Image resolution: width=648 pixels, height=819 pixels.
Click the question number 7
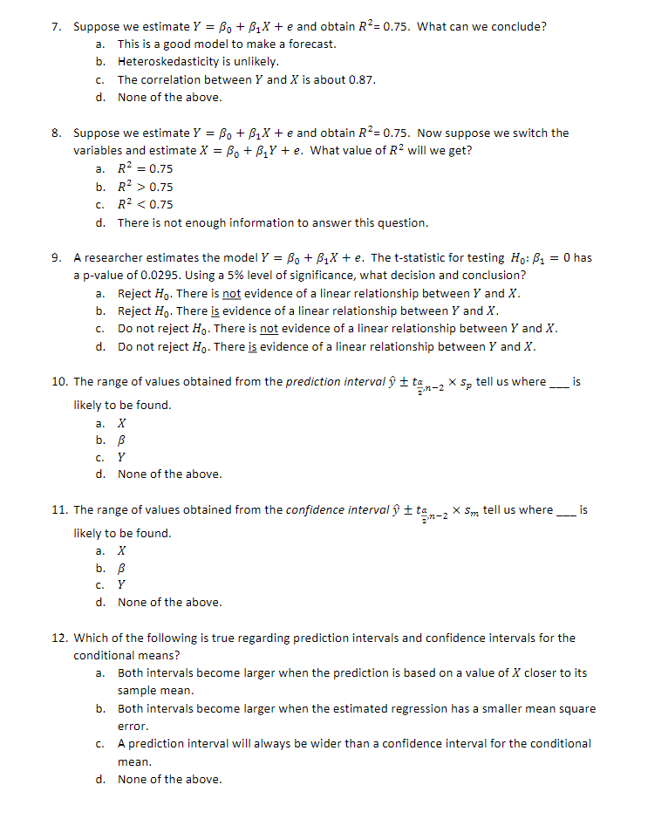(56, 26)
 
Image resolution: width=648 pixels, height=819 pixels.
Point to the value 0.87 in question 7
(362, 79)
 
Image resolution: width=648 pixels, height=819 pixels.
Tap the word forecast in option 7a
(311, 44)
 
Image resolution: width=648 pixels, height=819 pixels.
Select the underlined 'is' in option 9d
(256, 346)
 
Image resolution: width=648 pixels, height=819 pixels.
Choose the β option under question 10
(122, 439)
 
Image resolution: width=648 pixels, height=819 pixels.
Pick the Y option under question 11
(122, 584)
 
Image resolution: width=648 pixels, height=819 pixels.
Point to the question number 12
(58, 638)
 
